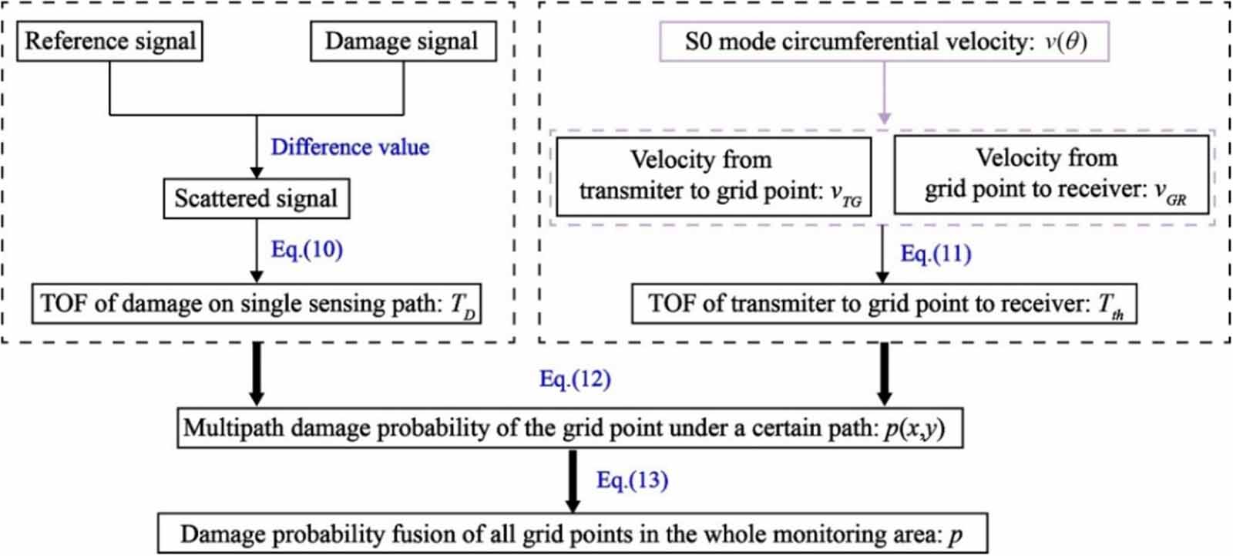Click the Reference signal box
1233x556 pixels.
click(109, 42)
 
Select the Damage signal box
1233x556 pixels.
click(404, 42)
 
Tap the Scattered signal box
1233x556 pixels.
click(257, 198)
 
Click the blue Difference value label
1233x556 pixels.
click(350, 147)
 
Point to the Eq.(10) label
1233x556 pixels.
click(307, 250)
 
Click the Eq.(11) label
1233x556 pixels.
click(936, 254)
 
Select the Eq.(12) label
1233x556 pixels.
click(575, 379)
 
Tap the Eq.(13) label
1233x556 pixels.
click(633, 480)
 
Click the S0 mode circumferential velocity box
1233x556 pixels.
click(885, 42)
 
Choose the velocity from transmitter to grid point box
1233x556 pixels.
click(714, 177)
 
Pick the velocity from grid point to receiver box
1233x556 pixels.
click(1051, 175)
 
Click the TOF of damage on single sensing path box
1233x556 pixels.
click(257, 304)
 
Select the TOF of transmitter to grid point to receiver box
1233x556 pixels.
click(884, 304)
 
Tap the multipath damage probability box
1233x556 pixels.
click(569, 428)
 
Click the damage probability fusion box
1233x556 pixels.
click(573, 534)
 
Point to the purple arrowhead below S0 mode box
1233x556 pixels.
click(885, 118)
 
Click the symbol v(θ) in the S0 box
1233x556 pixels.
click(1066, 42)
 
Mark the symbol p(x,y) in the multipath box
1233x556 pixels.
click(914, 429)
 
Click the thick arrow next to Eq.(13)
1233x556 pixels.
click(573, 481)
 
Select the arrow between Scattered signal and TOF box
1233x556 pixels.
click(257, 251)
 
